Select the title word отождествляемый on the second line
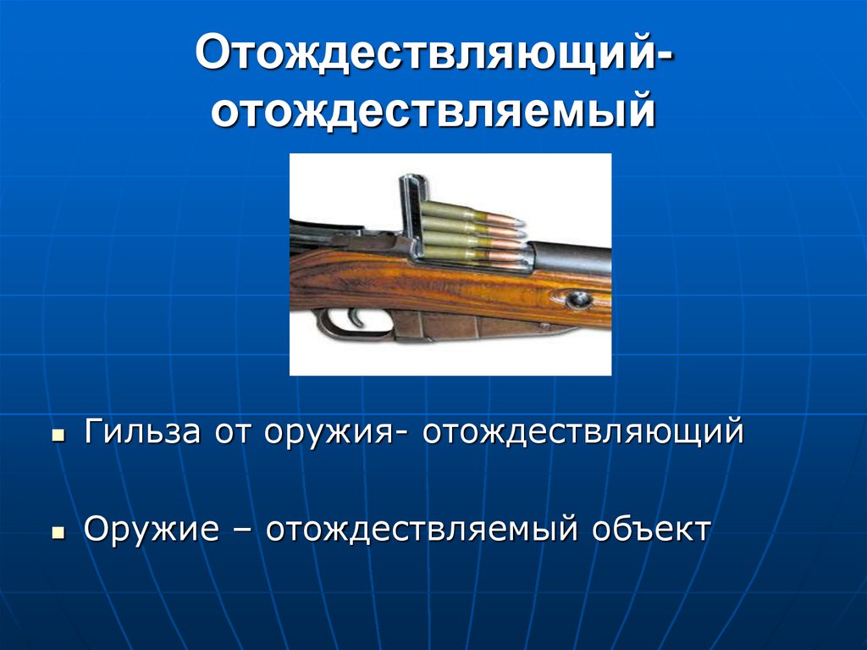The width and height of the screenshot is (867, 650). pos(433,111)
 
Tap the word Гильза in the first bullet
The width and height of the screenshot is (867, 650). pos(142,432)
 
